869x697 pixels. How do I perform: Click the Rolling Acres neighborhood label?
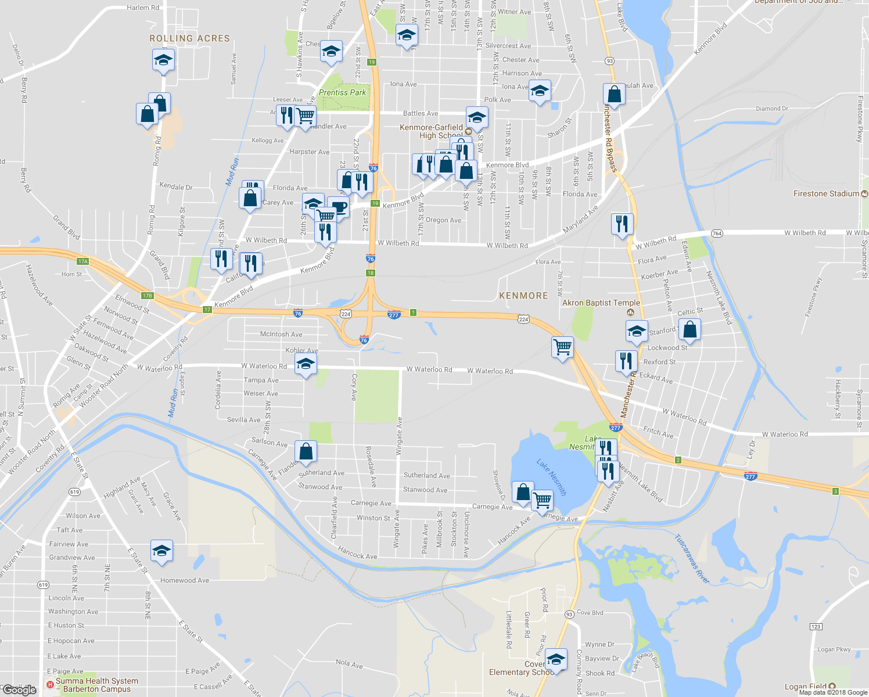189,38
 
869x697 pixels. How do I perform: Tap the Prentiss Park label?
342,92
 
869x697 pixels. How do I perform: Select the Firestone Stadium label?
826,193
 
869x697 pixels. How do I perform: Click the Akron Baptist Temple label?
601,303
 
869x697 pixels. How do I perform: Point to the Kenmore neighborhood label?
523,296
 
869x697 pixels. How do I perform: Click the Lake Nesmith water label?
551,477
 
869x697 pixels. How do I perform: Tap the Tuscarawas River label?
692,559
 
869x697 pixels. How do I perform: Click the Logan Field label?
806,687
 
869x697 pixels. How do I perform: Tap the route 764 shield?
717,233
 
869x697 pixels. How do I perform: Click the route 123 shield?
816,626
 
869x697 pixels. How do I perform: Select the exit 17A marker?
83,261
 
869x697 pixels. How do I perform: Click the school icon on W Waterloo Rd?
306,365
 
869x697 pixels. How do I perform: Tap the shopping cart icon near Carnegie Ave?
542,499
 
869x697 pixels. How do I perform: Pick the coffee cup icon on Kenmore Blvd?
339,207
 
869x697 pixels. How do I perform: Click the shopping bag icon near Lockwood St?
690,329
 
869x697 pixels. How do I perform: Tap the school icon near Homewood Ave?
161,551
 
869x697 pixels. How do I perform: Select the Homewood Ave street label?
185,580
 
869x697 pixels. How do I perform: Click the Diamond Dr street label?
771,109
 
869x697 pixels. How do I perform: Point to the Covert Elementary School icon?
556,659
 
